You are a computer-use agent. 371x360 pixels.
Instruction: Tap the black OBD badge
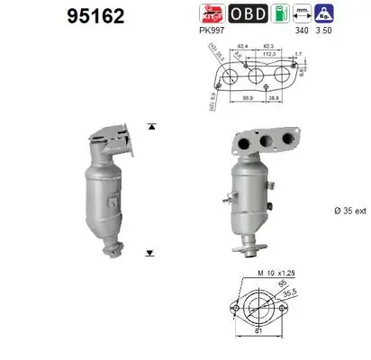click(247, 13)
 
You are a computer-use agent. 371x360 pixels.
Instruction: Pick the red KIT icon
click(212, 13)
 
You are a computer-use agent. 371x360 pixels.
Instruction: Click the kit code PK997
click(212, 29)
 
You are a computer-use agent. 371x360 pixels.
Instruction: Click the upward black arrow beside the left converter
click(150, 126)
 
